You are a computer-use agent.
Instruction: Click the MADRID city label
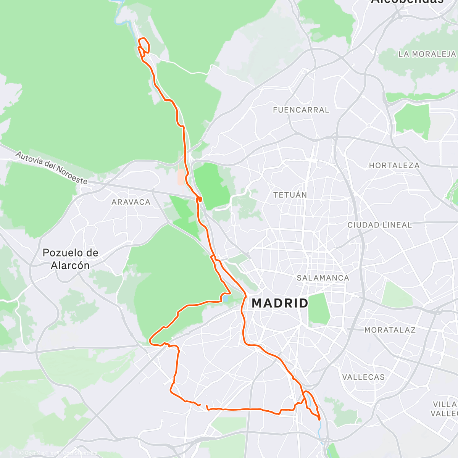(280, 303)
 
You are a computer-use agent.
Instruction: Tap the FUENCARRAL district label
(301, 110)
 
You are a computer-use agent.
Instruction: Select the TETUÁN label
(290, 195)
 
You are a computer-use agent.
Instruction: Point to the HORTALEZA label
(394, 166)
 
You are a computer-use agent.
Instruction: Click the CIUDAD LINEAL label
(379, 225)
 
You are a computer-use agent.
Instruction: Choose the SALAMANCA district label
(323, 278)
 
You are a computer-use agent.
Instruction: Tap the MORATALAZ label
(390, 330)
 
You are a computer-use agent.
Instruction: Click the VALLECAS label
(363, 377)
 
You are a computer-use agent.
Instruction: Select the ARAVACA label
(131, 202)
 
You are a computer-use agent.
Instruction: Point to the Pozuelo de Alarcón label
(71, 259)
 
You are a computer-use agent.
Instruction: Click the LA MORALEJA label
(427, 54)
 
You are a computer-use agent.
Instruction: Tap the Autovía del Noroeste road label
(52, 167)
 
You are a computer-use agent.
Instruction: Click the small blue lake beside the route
(226, 298)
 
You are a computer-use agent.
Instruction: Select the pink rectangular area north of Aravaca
(181, 177)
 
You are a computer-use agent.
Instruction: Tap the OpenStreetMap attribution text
(78, 453)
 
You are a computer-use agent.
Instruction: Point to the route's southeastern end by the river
(319, 419)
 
